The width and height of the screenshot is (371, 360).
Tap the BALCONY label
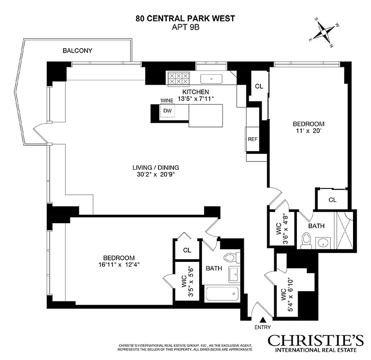coord(77,50)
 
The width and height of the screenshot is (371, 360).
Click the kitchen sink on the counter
coord(211,79)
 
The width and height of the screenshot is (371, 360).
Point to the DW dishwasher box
coord(167,111)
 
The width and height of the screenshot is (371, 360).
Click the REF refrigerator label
coord(252,139)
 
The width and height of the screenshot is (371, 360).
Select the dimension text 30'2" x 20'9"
coord(156,175)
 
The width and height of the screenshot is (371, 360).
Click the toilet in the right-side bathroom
coord(306,240)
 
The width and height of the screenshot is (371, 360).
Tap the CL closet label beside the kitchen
coord(259,86)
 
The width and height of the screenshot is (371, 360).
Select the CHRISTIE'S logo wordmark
coord(315,340)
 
